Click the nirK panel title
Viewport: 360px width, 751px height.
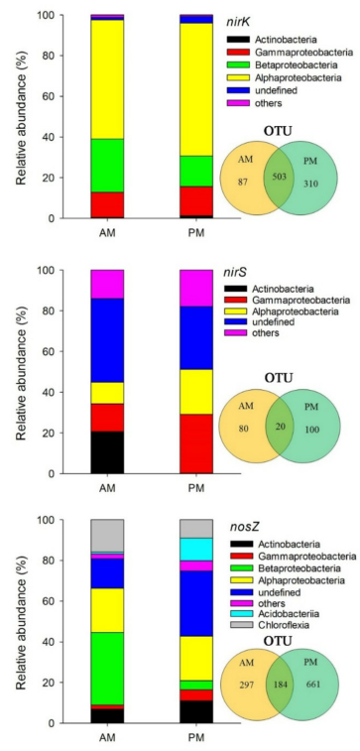point(239,21)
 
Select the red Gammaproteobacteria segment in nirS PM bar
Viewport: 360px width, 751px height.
point(196,444)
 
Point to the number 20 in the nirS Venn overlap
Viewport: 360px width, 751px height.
point(279,427)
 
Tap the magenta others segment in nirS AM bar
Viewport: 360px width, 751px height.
point(107,285)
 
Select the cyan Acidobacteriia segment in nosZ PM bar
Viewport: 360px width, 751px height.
point(196,550)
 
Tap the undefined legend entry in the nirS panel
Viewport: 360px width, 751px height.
point(277,321)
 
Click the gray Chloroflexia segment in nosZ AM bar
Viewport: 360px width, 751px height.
point(107,536)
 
